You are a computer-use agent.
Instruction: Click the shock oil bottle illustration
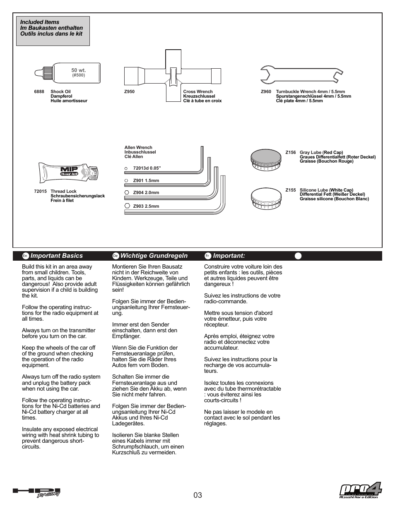68,73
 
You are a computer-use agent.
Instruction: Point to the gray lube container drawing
266,159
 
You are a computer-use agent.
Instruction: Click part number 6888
39,92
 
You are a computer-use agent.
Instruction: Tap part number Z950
129,92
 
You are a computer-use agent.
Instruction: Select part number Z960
266,92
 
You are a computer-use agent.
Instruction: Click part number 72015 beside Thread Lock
40,192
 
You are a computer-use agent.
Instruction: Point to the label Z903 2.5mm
146,206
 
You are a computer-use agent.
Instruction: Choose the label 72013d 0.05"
147,168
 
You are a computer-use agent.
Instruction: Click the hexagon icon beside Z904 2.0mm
127,193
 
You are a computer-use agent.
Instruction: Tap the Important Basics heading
56,256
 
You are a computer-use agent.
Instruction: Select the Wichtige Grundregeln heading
154,256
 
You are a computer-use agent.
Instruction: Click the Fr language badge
208,256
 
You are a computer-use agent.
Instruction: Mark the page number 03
197,495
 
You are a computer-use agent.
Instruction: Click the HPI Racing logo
36,492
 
